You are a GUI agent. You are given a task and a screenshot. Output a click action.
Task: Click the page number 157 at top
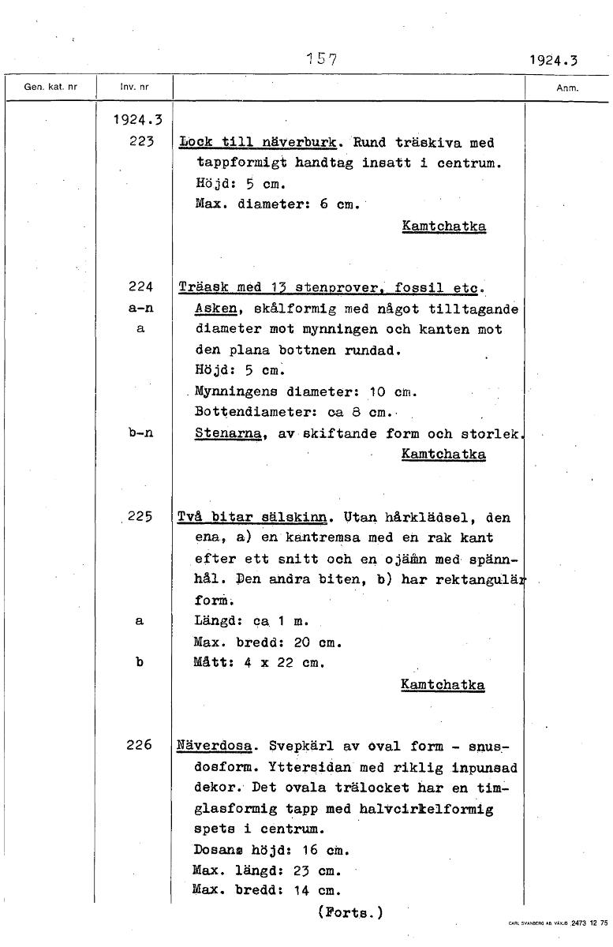point(321,58)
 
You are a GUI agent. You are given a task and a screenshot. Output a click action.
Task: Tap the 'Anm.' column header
point(567,88)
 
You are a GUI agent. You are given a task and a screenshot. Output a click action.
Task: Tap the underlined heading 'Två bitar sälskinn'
point(252,518)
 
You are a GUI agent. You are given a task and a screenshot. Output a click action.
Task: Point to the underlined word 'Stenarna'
point(229,433)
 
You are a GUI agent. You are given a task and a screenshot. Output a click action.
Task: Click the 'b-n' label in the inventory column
point(139,433)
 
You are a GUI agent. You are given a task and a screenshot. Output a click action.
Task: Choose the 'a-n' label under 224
point(139,309)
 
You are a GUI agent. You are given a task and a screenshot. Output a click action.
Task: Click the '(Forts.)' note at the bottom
point(350,913)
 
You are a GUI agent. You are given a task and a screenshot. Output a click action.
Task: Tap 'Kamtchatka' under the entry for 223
point(443,226)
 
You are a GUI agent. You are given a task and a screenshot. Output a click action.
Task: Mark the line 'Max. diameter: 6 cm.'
point(276,205)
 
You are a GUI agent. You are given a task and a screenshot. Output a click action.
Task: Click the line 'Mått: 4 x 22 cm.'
point(260,662)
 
